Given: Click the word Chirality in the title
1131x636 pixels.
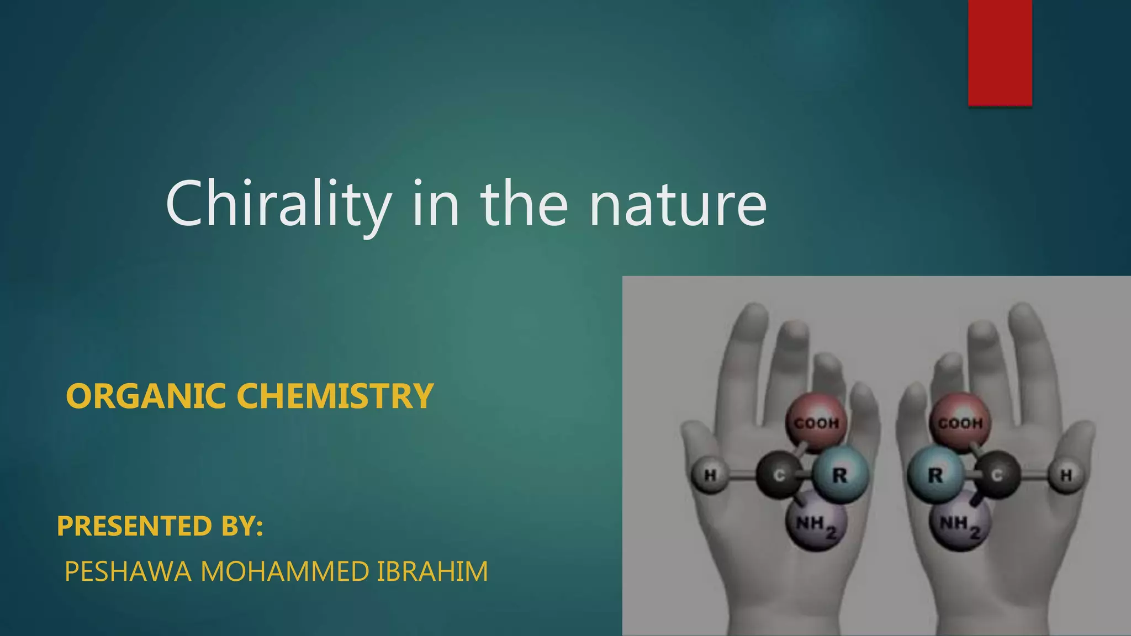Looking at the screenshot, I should click(x=278, y=204).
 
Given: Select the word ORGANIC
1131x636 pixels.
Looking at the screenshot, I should click(x=146, y=396).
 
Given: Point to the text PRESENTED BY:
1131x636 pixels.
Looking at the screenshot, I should click(x=160, y=526).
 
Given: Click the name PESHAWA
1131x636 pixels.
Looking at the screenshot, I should click(x=128, y=571).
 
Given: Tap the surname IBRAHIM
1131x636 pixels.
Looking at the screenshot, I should click(x=432, y=571).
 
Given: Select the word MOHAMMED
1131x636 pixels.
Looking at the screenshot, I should click(x=284, y=571).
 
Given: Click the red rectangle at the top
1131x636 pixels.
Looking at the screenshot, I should click(x=1000, y=52).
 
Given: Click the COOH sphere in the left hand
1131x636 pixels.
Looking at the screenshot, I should click(x=816, y=422).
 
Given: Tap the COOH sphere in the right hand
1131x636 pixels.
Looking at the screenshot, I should click(x=960, y=422).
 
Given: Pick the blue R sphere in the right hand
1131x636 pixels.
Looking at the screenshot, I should click(x=936, y=475).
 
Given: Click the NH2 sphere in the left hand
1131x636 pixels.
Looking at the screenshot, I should click(x=816, y=523).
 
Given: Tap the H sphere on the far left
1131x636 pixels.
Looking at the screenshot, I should click(x=710, y=475).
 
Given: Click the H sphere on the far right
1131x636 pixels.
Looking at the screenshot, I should click(x=1066, y=475).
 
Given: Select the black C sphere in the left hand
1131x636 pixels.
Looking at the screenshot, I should click(x=779, y=475).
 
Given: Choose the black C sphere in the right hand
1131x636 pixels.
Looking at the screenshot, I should click(x=997, y=475).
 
